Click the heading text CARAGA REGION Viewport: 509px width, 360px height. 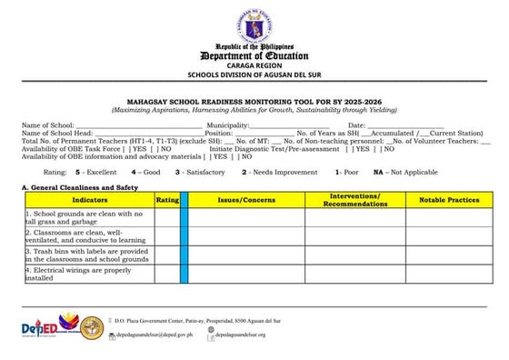[254, 67]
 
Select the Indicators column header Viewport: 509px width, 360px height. [89, 199]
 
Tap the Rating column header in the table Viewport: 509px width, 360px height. [167, 199]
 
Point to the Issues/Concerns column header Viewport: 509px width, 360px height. [246, 199]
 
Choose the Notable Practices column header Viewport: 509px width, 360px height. [449, 199]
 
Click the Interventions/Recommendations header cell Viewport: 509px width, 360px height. [354, 199]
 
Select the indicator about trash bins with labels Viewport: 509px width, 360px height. [87, 255]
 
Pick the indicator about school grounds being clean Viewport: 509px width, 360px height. [85, 217]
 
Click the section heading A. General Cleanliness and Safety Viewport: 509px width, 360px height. [79, 186]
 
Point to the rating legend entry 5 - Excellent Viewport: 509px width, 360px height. [95, 171]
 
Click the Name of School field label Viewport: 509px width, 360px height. [47, 125]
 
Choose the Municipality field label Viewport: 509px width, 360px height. [228, 125]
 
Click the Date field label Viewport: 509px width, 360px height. [356, 125]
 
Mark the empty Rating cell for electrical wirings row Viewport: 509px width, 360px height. [167, 274]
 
